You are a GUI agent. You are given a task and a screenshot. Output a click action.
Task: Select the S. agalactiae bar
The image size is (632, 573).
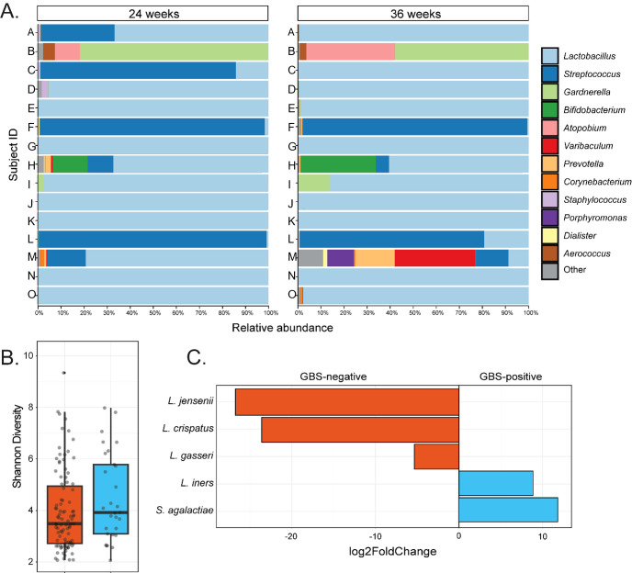[507, 510]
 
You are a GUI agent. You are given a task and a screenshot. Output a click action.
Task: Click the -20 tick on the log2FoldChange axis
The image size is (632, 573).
[291, 537]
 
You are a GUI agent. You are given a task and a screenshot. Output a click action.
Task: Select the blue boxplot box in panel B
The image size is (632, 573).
[110, 500]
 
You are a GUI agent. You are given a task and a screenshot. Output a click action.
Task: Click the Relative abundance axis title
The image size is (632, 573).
[283, 326]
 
